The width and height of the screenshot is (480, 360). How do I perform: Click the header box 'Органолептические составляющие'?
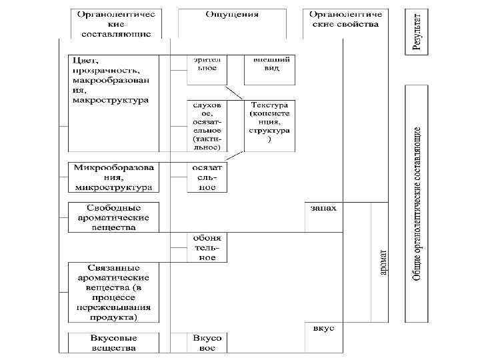pyautogui.click(x=116, y=23)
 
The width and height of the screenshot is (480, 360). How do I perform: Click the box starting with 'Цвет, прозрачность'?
pyautogui.click(x=113, y=81)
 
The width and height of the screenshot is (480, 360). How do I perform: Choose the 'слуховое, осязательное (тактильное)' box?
pyautogui.click(x=206, y=126)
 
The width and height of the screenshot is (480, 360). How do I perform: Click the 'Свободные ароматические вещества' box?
pyautogui.click(x=113, y=217)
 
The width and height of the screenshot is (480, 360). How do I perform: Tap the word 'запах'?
pyautogui.click(x=323, y=207)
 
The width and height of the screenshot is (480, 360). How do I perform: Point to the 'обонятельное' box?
pyautogui.click(x=206, y=247)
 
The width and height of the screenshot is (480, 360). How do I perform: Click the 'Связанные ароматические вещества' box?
pyautogui.click(x=113, y=293)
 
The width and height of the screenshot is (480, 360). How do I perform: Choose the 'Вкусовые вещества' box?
pyautogui.click(x=113, y=343)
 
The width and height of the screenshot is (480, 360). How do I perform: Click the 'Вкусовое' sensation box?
pyautogui.click(x=206, y=343)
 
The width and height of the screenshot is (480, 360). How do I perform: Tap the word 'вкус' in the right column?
pyautogui.click(x=323, y=329)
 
